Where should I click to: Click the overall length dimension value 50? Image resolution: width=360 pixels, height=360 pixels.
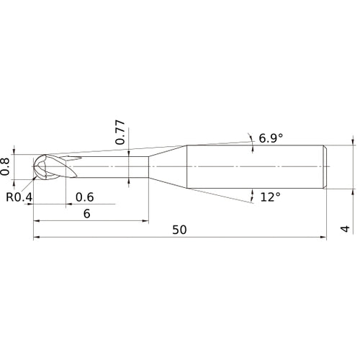[179, 230]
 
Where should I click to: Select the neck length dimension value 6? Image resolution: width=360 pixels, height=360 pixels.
[87, 213]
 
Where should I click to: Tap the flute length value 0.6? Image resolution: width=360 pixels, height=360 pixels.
[85, 197]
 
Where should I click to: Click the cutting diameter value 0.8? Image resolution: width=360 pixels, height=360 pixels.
[6, 166]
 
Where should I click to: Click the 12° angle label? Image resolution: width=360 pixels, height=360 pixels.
[271, 196]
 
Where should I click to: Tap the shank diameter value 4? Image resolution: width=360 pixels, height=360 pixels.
[346, 230]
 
